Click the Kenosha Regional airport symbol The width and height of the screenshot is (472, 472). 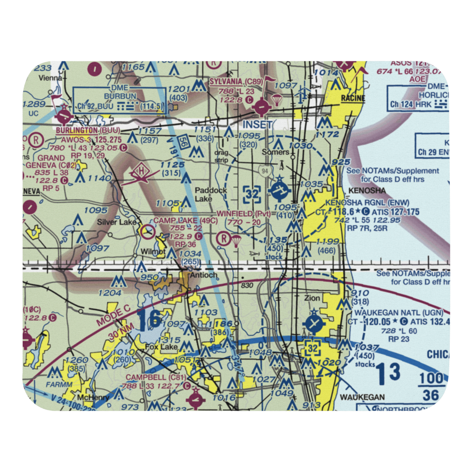279,191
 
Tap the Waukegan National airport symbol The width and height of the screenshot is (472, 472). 313,324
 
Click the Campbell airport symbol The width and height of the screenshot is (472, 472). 195,400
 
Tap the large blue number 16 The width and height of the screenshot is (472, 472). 150,320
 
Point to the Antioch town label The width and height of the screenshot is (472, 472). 202,275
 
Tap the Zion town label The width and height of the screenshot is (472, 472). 312,298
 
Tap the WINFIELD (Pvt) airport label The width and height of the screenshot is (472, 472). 244,214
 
